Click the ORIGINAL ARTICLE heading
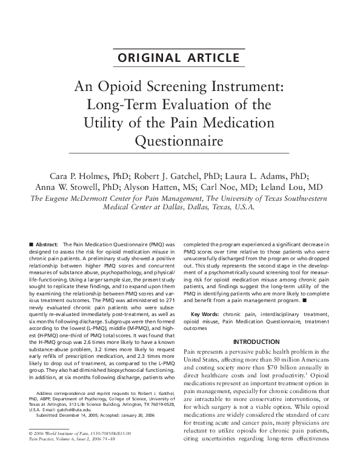pyautogui.click(x=180, y=58)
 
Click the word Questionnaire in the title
pyautogui.click(x=180, y=141)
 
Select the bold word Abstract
pyautogui.click(x=48, y=243)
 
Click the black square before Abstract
pyautogui.click(x=31, y=243)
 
